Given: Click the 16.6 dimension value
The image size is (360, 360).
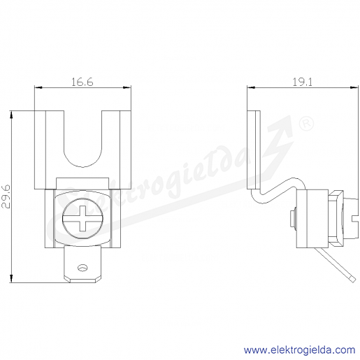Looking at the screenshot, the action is tap(82, 82).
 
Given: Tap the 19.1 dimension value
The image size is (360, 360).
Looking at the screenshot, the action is tap(302, 82).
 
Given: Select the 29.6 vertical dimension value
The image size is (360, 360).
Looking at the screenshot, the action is tap(6, 196).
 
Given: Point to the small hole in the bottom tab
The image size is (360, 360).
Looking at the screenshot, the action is tap(82, 268).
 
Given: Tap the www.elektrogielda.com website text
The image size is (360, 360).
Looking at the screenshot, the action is tap(299, 350).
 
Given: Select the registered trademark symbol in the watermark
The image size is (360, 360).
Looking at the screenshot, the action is tap(306, 124).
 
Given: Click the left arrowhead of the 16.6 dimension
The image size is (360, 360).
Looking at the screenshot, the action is tap(38, 87).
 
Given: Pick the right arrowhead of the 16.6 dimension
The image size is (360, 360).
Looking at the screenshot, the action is tap(127, 87).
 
